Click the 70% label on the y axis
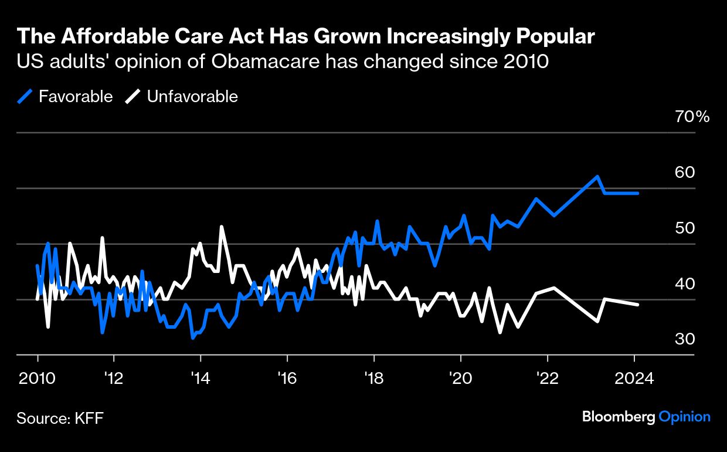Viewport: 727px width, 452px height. [692, 117]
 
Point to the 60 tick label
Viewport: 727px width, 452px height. [685, 173]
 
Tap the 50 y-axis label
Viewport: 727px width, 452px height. [685, 228]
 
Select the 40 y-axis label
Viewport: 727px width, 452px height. [685, 284]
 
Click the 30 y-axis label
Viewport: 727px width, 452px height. [685, 339]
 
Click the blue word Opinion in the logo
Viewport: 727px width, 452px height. [684, 417]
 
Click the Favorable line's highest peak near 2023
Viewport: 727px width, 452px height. [597, 176]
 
